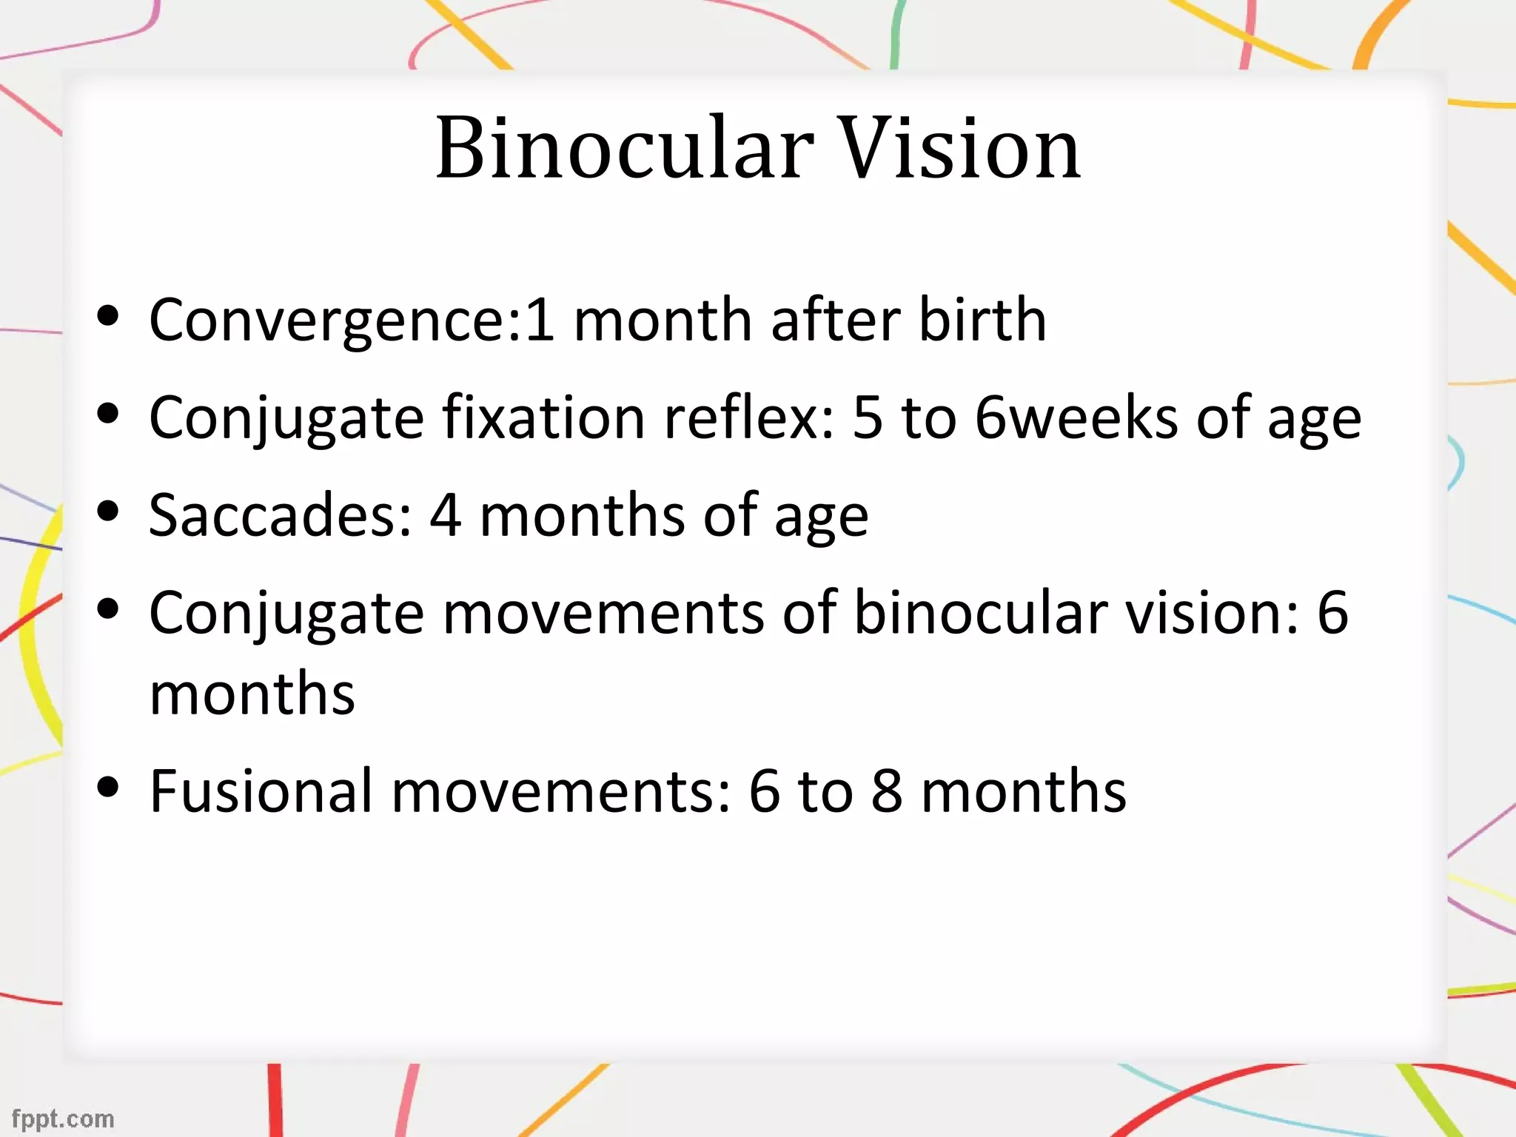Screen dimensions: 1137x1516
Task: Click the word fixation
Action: (x=544, y=417)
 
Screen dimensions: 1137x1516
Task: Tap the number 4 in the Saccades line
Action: (x=446, y=515)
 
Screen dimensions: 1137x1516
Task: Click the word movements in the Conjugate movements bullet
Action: (x=603, y=613)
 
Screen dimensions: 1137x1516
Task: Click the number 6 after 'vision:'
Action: (x=1332, y=613)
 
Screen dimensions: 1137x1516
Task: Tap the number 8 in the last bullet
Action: (x=886, y=791)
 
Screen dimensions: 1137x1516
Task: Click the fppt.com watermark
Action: (x=63, y=1118)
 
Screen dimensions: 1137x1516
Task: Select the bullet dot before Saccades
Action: (x=108, y=512)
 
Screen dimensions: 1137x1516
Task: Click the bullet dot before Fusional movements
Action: (x=108, y=788)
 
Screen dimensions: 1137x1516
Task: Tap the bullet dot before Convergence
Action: (x=108, y=316)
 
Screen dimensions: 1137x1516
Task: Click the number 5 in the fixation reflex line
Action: (x=868, y=417)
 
